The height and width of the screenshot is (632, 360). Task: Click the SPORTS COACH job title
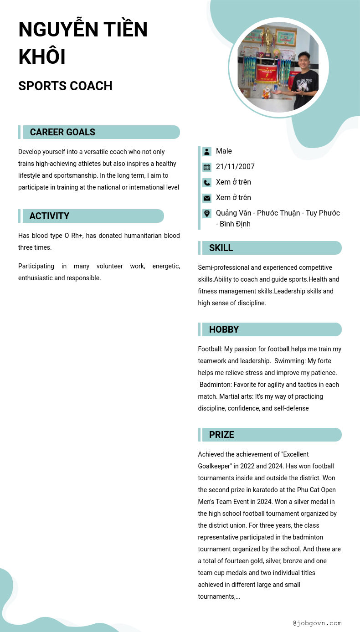click(65, 86)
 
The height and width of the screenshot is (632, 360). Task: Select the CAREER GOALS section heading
click(62, 132)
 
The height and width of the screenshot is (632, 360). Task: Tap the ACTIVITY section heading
click(49, 216)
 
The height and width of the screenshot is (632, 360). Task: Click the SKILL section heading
click(221, 248)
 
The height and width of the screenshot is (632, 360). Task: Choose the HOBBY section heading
click(224, 329)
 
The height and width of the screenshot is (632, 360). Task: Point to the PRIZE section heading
click(221, 435)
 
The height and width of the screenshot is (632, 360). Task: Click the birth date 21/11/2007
click(235, 167)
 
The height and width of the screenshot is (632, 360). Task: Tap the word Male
click(224, 151)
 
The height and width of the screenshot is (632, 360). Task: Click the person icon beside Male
click(207, 152)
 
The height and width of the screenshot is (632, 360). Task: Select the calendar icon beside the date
click(207, 167)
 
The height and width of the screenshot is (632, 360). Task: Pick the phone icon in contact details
click(207, 183)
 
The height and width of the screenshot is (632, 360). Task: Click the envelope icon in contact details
click(207, 198)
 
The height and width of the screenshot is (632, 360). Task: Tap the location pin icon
click(207, 213)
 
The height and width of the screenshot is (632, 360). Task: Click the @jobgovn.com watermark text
click(317, 623)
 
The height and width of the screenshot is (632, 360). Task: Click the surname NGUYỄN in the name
click(58, 30)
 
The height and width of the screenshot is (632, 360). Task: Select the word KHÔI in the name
click(42, 57)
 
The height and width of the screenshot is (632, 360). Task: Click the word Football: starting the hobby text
click(211, 349)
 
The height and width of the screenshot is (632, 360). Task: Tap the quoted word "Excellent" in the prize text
click(295, 454)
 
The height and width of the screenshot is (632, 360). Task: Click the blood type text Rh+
click(77, 236)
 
